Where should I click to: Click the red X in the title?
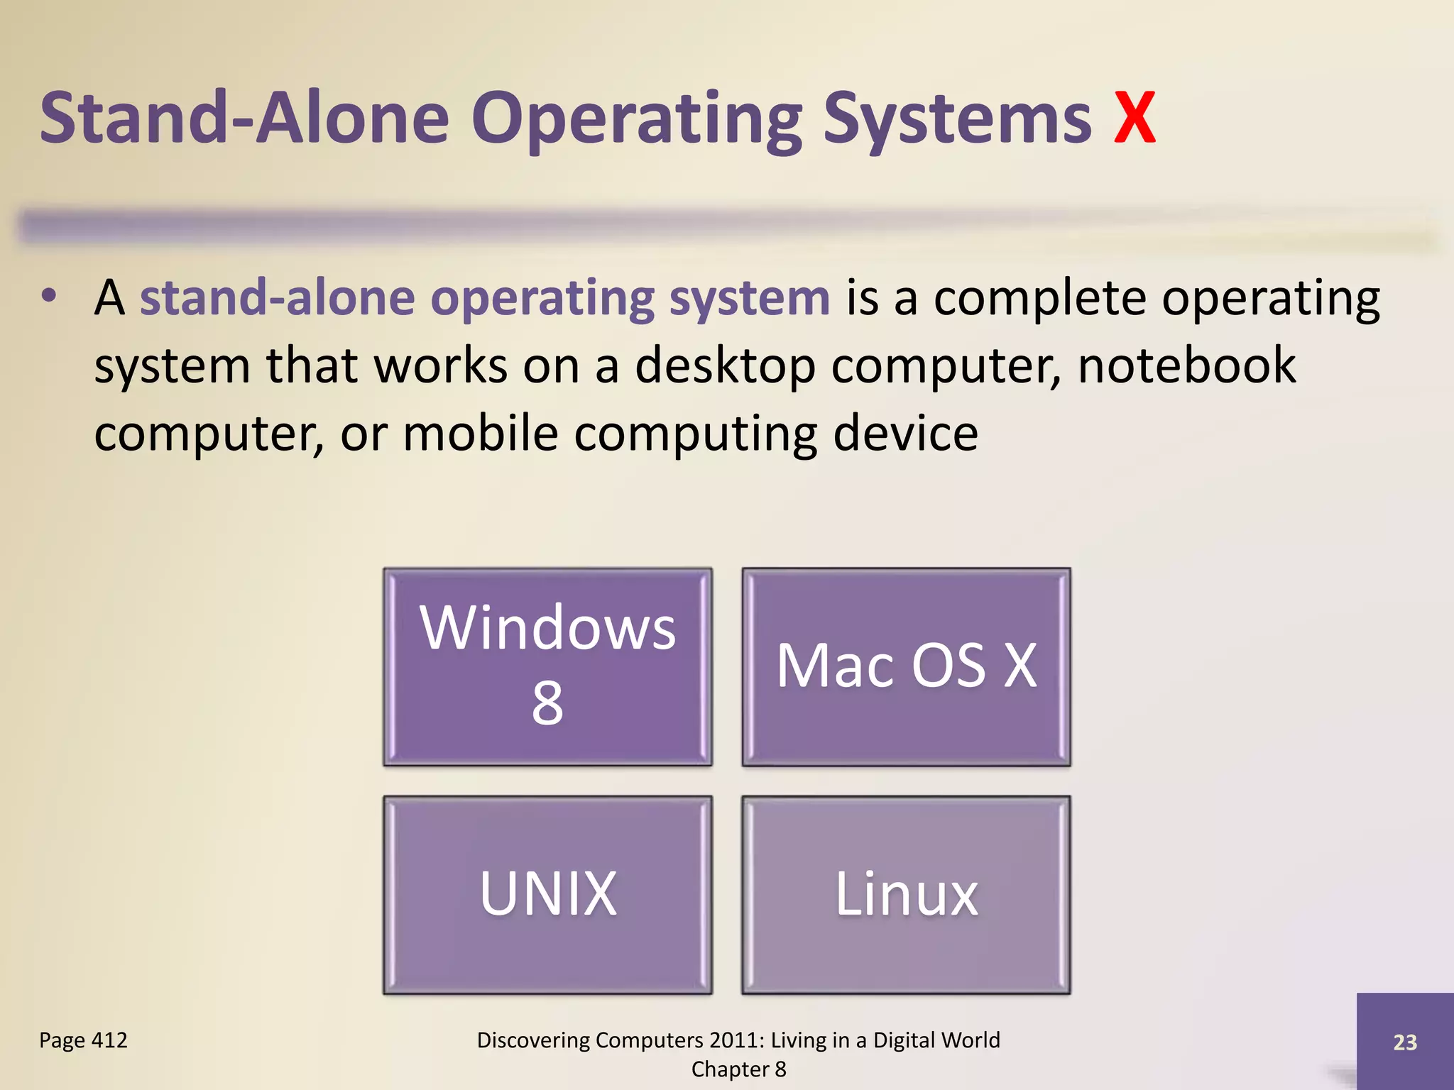[1134, 119]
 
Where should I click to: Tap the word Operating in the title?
[636, 119]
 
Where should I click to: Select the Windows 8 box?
[547, 666]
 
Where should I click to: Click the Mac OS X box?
[906, 666]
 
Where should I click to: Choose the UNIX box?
[547, 894]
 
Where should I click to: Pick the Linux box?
[906, 894]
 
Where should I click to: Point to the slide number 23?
[1405, 1042]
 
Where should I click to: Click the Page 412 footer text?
[83, 1040]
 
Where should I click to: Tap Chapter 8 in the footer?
[738, 1069]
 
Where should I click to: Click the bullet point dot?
[48, 296]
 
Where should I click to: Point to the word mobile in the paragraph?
[481, 434]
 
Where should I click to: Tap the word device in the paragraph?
[905, 434]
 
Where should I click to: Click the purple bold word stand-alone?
[277, 297]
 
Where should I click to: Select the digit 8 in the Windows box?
[547, 703]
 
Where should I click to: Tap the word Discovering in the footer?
[532, 1040]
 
